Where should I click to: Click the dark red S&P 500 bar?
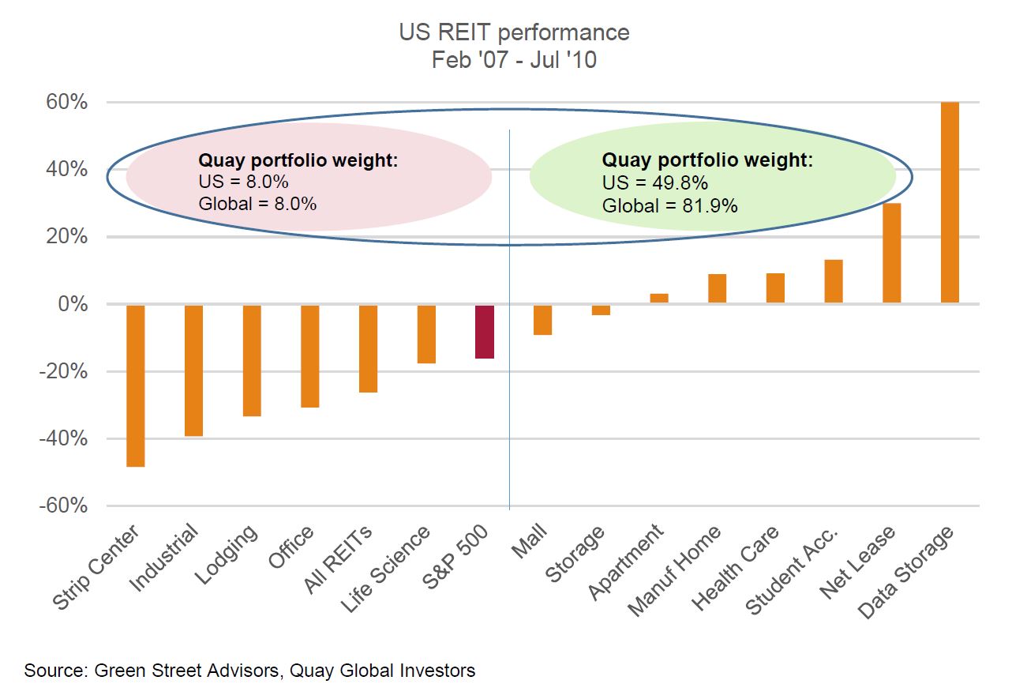click(484, 332)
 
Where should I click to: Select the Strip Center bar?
click(135, 385)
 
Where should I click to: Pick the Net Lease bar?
click(891, 253)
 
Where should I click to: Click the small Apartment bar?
click(658, 299)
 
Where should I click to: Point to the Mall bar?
click(542, 320)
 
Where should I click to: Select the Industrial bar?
click(193, 370)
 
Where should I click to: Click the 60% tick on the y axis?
click(67, 103)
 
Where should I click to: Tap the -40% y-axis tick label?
click(63, 439)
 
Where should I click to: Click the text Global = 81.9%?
click(669, 207)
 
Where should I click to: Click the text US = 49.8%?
click(654, 183)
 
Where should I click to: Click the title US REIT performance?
click(514, 32)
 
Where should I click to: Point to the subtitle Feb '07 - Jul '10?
click(514, 59)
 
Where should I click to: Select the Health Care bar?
click(775, 288)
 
